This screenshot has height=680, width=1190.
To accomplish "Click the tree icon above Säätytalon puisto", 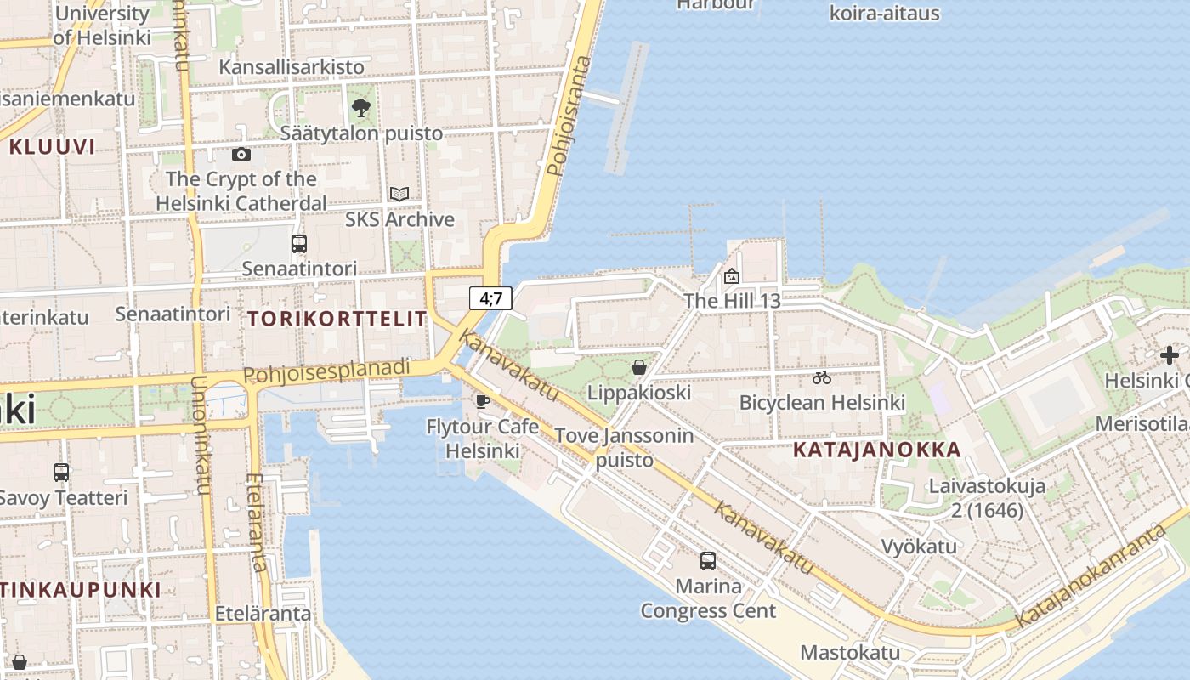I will point(361,108).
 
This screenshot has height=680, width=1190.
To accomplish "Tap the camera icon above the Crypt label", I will point(241,154).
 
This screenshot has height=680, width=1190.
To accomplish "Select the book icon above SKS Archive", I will point(399,194).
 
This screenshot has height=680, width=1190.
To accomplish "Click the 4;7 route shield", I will point(490,298).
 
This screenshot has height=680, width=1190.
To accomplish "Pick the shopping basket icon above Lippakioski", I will point(639,367).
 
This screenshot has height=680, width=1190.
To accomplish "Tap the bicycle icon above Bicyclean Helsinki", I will point(822,377).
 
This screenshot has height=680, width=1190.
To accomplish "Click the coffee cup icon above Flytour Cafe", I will point(483,400).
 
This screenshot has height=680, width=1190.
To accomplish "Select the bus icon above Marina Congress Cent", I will point(708,560).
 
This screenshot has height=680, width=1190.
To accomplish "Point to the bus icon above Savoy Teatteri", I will point(61,472).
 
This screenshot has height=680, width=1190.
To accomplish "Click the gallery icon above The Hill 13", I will point(732,275).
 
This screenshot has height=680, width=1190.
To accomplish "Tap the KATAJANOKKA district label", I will point(877,450).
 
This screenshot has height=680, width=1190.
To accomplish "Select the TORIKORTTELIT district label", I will point(337,319).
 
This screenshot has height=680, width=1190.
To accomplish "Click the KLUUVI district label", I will point(52,147).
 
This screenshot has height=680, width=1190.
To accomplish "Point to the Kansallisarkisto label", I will point(292,66).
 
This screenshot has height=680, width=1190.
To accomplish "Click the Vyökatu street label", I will point(919,546).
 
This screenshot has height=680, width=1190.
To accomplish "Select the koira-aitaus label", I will point(884,13).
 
